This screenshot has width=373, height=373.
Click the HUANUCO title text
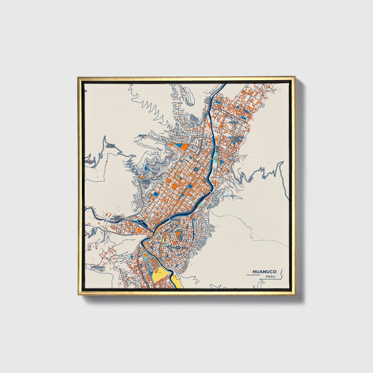(264, 272)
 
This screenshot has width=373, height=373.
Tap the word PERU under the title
(270, 277)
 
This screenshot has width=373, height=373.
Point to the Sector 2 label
(142, 136)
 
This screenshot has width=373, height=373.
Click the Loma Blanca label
(145, 181)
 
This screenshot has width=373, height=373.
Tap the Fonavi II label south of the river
(176, 220)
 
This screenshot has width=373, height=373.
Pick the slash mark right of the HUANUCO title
(281, 272)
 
